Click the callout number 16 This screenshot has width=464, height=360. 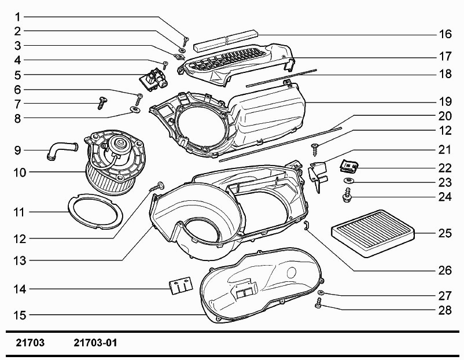point(445,34)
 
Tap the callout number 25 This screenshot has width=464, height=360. point(445,233)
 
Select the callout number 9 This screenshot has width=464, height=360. point(18,150)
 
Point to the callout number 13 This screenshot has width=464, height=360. point(20,261)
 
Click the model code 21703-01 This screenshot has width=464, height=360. point(95,343)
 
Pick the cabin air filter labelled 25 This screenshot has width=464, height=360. point(373,233)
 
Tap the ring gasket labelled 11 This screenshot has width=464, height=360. point(95,211)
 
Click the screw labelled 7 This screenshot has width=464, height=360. point(102,102)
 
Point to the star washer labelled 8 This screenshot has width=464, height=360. point(136,110)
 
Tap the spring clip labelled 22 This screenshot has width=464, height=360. point(349,166)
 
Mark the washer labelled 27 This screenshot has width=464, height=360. point(321,293)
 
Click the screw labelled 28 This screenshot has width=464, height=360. point(318,303)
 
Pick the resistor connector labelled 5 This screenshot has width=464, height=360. point(152,79)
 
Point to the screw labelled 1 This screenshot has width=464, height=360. point(186,41)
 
